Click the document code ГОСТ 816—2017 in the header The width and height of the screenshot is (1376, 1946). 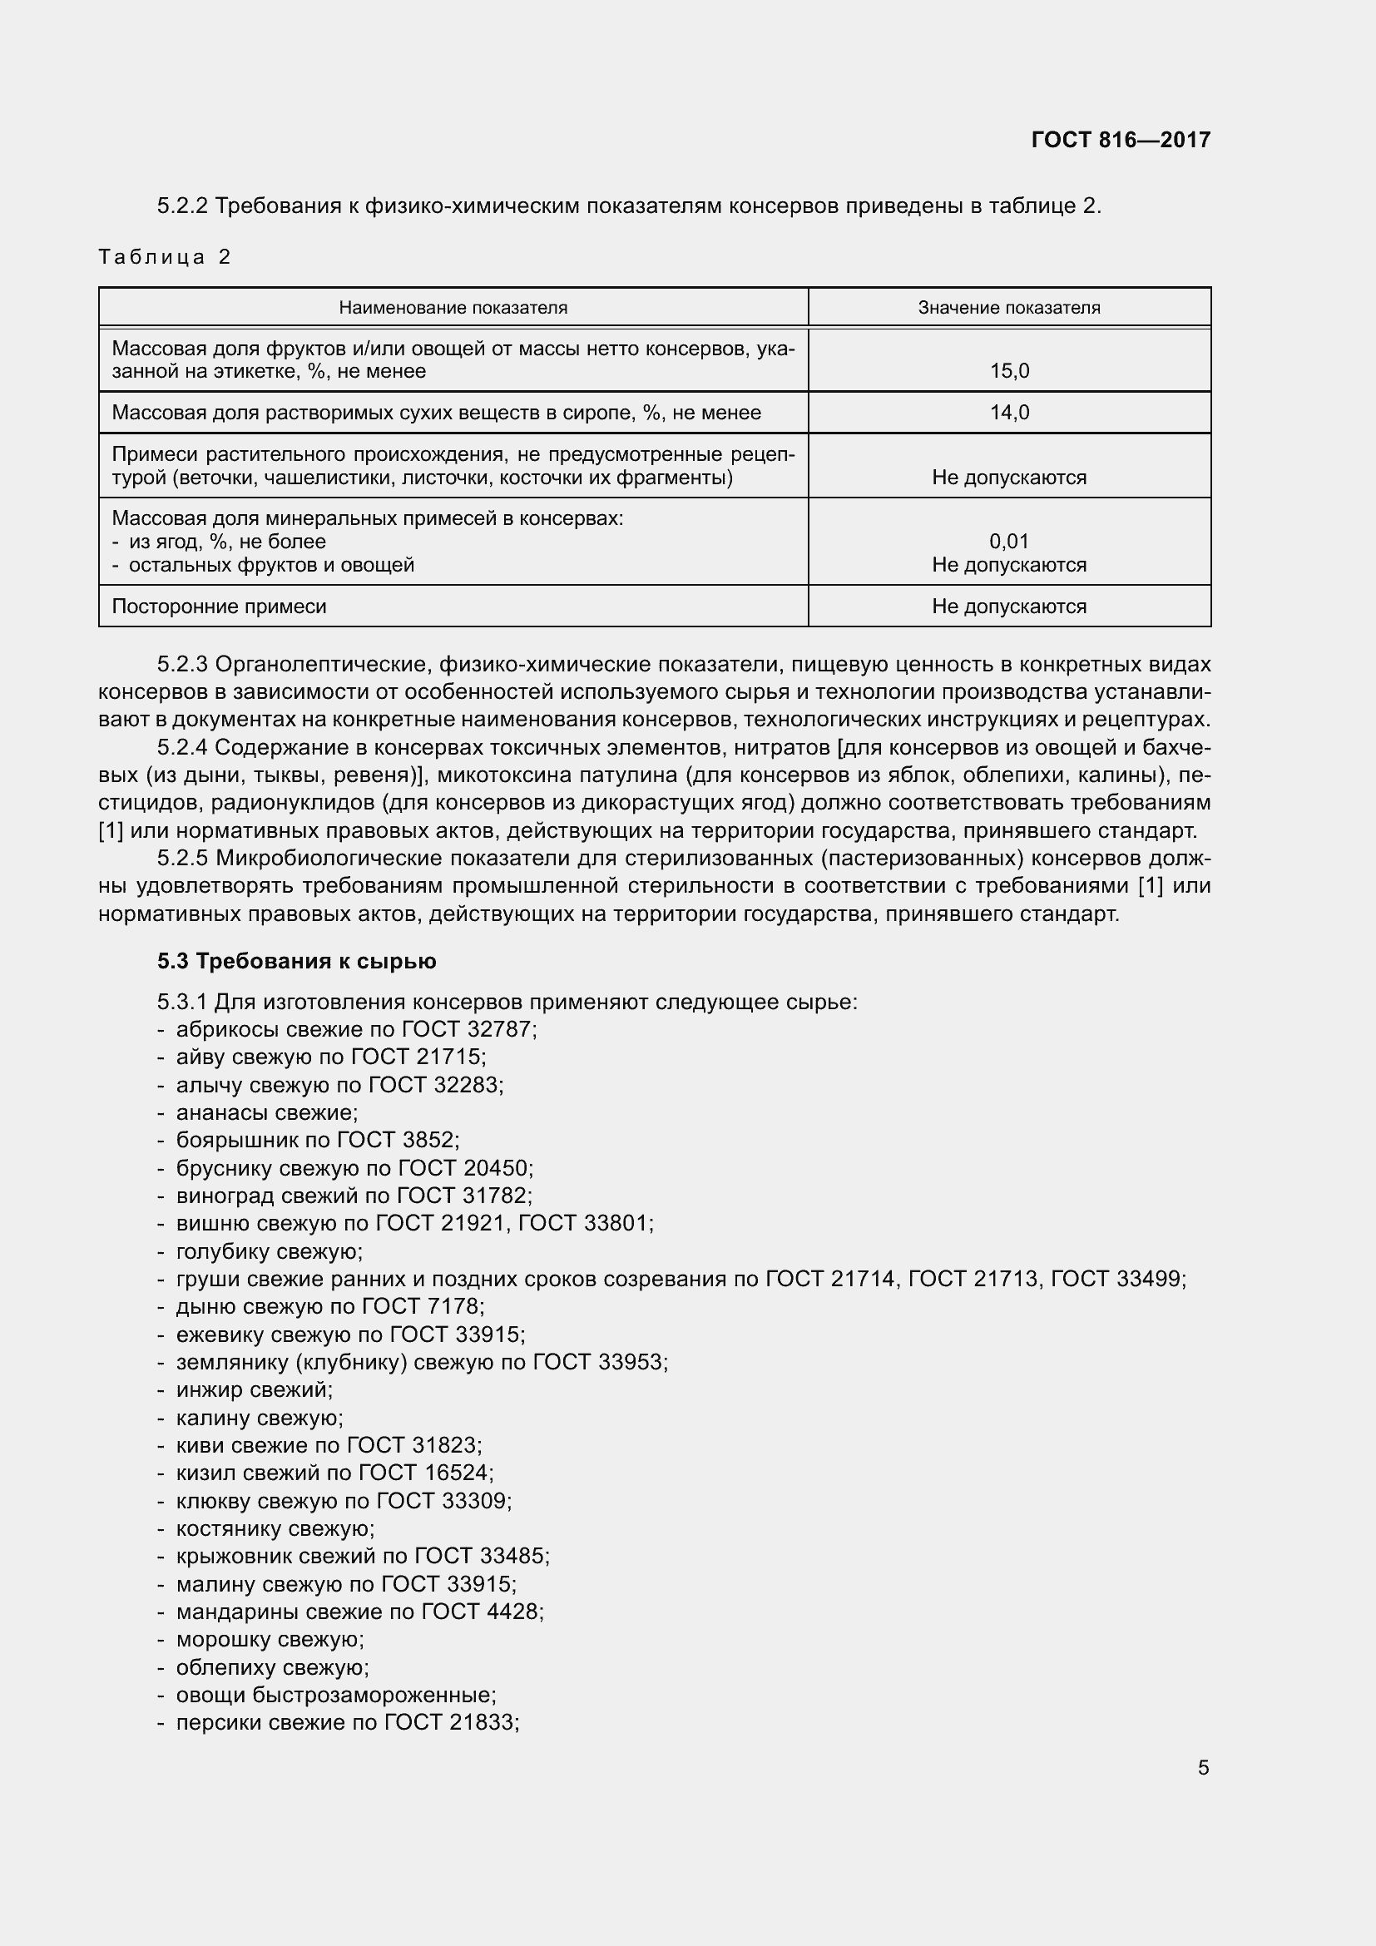click(x=1120, y=140)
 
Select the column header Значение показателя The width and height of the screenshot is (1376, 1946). click(x=1008, y=308)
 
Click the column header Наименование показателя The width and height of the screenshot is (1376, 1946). click(x=453, y=308)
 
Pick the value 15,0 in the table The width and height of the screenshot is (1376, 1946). click(x=1009, y=370)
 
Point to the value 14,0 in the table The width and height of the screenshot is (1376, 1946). click(x=1009, y=413)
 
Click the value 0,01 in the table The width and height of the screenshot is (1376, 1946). click(x=1009, y=541)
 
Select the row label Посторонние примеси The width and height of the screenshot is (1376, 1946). click(x=219, y=606)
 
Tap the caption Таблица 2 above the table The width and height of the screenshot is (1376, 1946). click(x=165, y=257)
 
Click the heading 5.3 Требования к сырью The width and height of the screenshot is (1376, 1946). click(x=296, y=961)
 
